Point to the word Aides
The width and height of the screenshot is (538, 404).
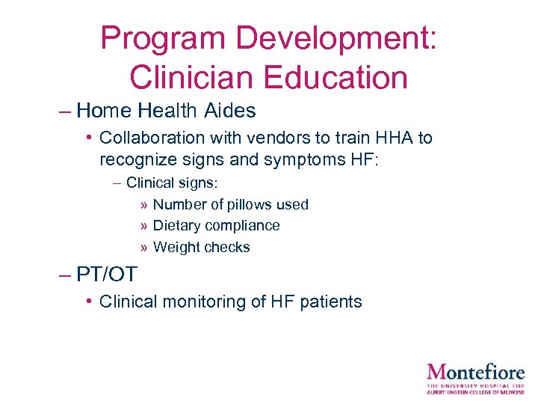pyautogui.click(x=229, y=111)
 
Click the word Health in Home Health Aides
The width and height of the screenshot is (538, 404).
pyautogui.click(x=168, y=111)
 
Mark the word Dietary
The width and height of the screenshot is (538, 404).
pyautogui.click(x=176, y=226)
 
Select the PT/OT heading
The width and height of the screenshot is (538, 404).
pyautogui.click(x=107, y=275)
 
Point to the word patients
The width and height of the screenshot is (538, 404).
pyautogui.click(x=333, y=302)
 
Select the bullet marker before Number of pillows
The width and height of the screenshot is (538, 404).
pyautogui.click(x=143, y=205)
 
